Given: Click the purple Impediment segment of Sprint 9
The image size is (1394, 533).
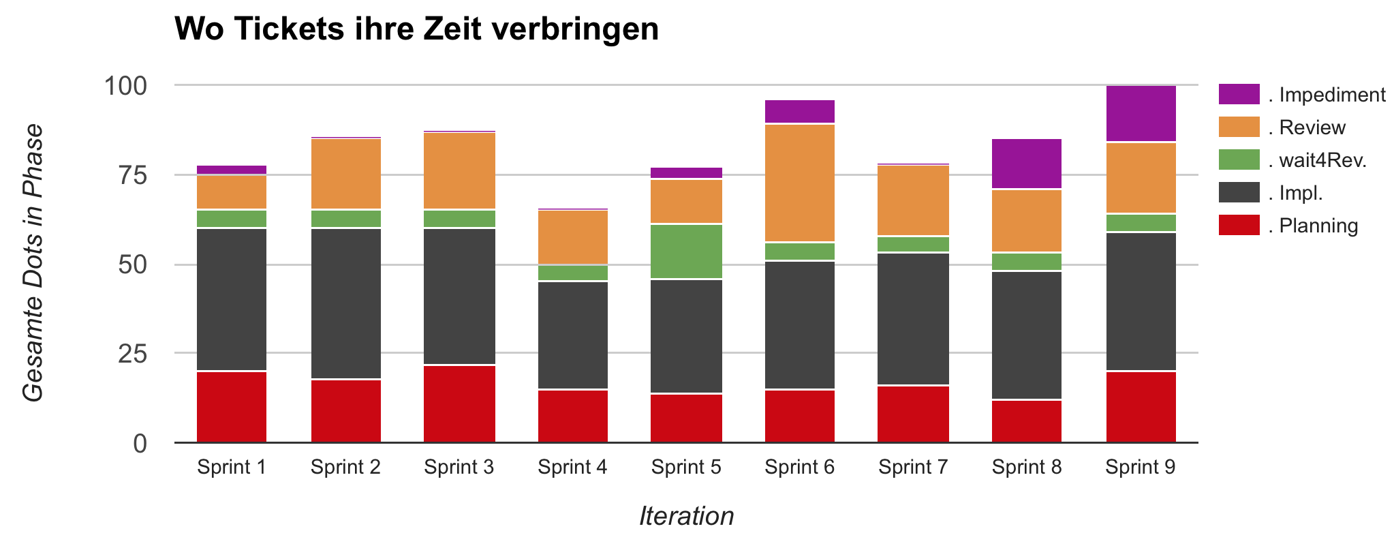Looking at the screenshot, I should coord(1141,113).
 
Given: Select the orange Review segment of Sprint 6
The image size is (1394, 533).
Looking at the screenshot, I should coord(800,183).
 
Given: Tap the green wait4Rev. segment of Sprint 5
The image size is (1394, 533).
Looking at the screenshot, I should coord(686,251).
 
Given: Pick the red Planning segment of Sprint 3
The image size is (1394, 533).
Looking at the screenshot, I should coord(459,403).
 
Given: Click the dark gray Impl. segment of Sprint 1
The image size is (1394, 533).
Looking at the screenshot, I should coord(232,299).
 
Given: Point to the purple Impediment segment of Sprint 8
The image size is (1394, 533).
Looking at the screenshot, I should coord(1027,164).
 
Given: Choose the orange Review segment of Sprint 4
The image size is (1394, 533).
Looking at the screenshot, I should coord(573,237).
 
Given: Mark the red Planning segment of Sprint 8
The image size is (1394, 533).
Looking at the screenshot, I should coord(1027,421).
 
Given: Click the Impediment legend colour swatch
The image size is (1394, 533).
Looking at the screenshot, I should coord(1239,95).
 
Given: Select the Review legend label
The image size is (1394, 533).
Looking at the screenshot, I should coord(1312,127).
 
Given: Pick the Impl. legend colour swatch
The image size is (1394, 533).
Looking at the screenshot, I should coord(1239,193).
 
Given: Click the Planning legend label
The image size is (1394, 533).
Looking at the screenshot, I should coord(1318,226).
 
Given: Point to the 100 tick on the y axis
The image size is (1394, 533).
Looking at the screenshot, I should coord(125,86).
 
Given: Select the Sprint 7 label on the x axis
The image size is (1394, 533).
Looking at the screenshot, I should coord(913,467).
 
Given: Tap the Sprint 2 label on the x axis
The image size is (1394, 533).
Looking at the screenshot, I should coord(345,467).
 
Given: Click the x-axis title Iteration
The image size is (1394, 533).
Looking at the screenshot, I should coord(686,516).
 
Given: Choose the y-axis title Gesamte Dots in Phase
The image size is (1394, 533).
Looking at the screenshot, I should coord(33,263).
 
